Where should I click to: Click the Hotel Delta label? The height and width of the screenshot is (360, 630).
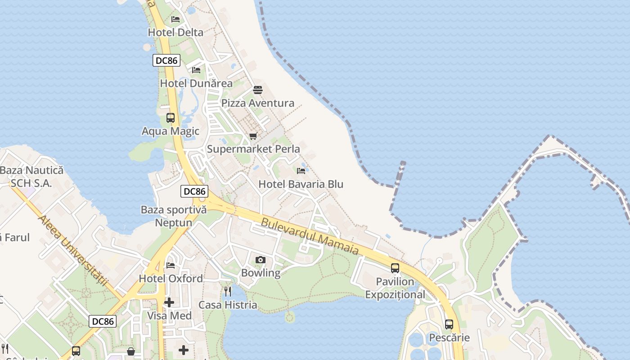click(175, 32)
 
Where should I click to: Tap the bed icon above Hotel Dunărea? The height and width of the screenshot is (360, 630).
click(196, 70)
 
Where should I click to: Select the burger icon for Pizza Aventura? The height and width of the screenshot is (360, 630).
click(258, 90)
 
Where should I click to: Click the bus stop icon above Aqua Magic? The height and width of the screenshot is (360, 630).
click(171, 118)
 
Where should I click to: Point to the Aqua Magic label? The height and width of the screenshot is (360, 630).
click(171, 131)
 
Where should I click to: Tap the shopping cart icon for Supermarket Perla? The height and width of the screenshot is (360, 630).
click(253, 136)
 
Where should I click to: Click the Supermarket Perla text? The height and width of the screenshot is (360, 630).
click(253, 149)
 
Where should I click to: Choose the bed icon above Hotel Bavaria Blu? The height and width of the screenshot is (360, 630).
click(301, 171)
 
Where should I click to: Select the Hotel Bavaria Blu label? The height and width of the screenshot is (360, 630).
click(301, 184)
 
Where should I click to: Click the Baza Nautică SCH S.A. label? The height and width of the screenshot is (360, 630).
click(31, 177)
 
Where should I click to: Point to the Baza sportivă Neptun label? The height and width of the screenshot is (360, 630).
click(174, 216)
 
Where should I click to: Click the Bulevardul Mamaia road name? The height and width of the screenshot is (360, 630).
click(310, 236)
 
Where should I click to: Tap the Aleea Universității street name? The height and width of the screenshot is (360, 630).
click(74, 250)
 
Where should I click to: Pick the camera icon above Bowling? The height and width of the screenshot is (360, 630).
click(260, 260)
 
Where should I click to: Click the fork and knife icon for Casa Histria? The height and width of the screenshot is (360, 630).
click(228, 292)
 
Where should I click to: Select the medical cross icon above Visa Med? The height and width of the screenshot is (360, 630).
click(169, 302)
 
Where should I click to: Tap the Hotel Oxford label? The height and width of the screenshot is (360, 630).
click(171, 279)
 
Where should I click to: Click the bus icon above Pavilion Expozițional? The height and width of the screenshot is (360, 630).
click(395, 268)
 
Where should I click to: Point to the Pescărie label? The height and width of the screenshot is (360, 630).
click(449, 337)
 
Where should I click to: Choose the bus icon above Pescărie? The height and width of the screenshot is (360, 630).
click(449, 324)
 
